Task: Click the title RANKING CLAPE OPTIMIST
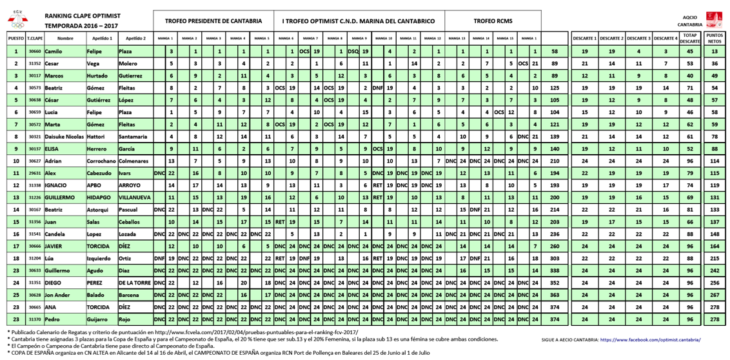[x=83, y=15]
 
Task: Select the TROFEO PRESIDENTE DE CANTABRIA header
[x=213, y=21]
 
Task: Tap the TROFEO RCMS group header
[x=493, y=21]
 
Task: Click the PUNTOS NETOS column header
[x=714, y=38]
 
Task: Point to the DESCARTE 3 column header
[x=638, y=38]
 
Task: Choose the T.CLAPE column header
[x=35, y=38]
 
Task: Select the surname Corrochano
[x=101, y=161]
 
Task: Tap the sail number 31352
[x=35, y=63]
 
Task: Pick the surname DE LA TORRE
[x=135, y=283]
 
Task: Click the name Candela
[x=54, y=234]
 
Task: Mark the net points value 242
[x=714, y=270]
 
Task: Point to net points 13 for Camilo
[x=714, y=51]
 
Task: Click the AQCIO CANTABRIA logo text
[x=690, y=21]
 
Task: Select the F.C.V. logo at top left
[x=17, y=21]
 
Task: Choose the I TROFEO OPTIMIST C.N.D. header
[x=359, y=21]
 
